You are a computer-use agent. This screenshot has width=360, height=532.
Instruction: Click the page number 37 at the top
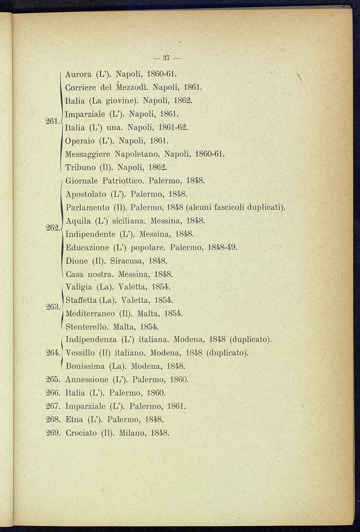[x=166, y=58]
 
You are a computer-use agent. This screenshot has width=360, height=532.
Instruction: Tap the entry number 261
[x=53, y=121]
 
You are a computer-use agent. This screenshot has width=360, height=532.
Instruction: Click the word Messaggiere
[x=88, y=154]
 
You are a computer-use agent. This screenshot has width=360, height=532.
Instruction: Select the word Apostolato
[x=85, y=194]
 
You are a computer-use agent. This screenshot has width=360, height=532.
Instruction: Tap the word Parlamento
[x=87, y=207]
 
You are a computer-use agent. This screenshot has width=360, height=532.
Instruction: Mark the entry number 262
[x=53, y=228]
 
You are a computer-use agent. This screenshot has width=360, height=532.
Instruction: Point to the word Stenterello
[x=87, y=326]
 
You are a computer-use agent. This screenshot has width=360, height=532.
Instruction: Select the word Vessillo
[x=80, y=353]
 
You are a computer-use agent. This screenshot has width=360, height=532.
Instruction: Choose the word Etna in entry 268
[x=73, y=419]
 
